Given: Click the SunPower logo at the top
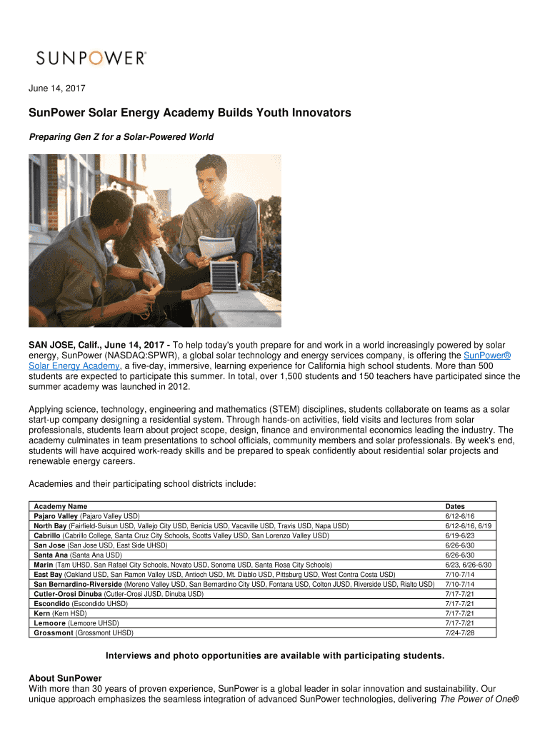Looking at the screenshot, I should (x=91, y=58).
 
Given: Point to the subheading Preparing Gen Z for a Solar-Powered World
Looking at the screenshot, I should (x=121, y=137).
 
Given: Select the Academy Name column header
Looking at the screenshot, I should (x=61, y=506).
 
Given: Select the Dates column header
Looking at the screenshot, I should (x=455, y=506).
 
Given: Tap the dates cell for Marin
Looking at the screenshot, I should (x=468, y=565).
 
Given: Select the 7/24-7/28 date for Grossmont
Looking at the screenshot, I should (x=459, y=632).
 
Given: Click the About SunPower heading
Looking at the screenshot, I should (x=65, y=677).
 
